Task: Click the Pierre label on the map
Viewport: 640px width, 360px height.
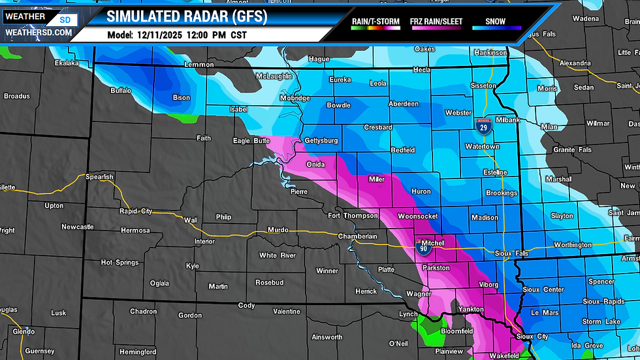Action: [298, 192]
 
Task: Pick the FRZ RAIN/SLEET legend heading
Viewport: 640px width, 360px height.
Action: [436, 22]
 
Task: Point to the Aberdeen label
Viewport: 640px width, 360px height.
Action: [404, 104]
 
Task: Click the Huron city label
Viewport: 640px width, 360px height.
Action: [420, 191]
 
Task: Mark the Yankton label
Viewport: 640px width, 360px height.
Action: [470, 309]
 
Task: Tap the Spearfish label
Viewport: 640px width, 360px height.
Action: [99, 176]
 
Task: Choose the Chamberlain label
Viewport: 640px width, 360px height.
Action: [358, 236]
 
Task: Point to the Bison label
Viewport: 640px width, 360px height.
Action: [181, 98]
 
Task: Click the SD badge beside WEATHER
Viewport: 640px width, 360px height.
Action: [64, 20]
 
